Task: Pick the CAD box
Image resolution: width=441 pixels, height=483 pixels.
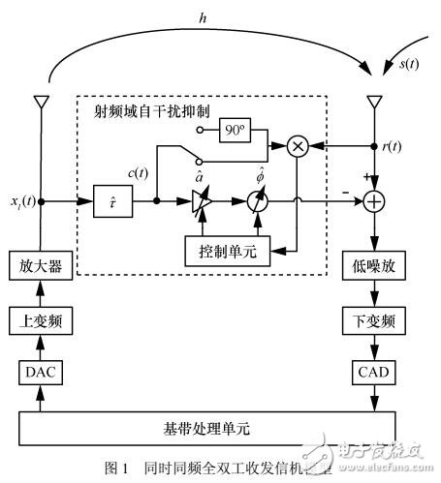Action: [373, 373]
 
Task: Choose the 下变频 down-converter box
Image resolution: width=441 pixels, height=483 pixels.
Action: [373, 319]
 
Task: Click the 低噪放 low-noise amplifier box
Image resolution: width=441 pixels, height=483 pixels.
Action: [373, 265]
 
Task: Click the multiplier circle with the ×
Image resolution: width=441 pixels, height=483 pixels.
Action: [299, 147]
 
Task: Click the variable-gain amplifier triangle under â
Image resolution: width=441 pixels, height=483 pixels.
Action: [199, 204]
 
